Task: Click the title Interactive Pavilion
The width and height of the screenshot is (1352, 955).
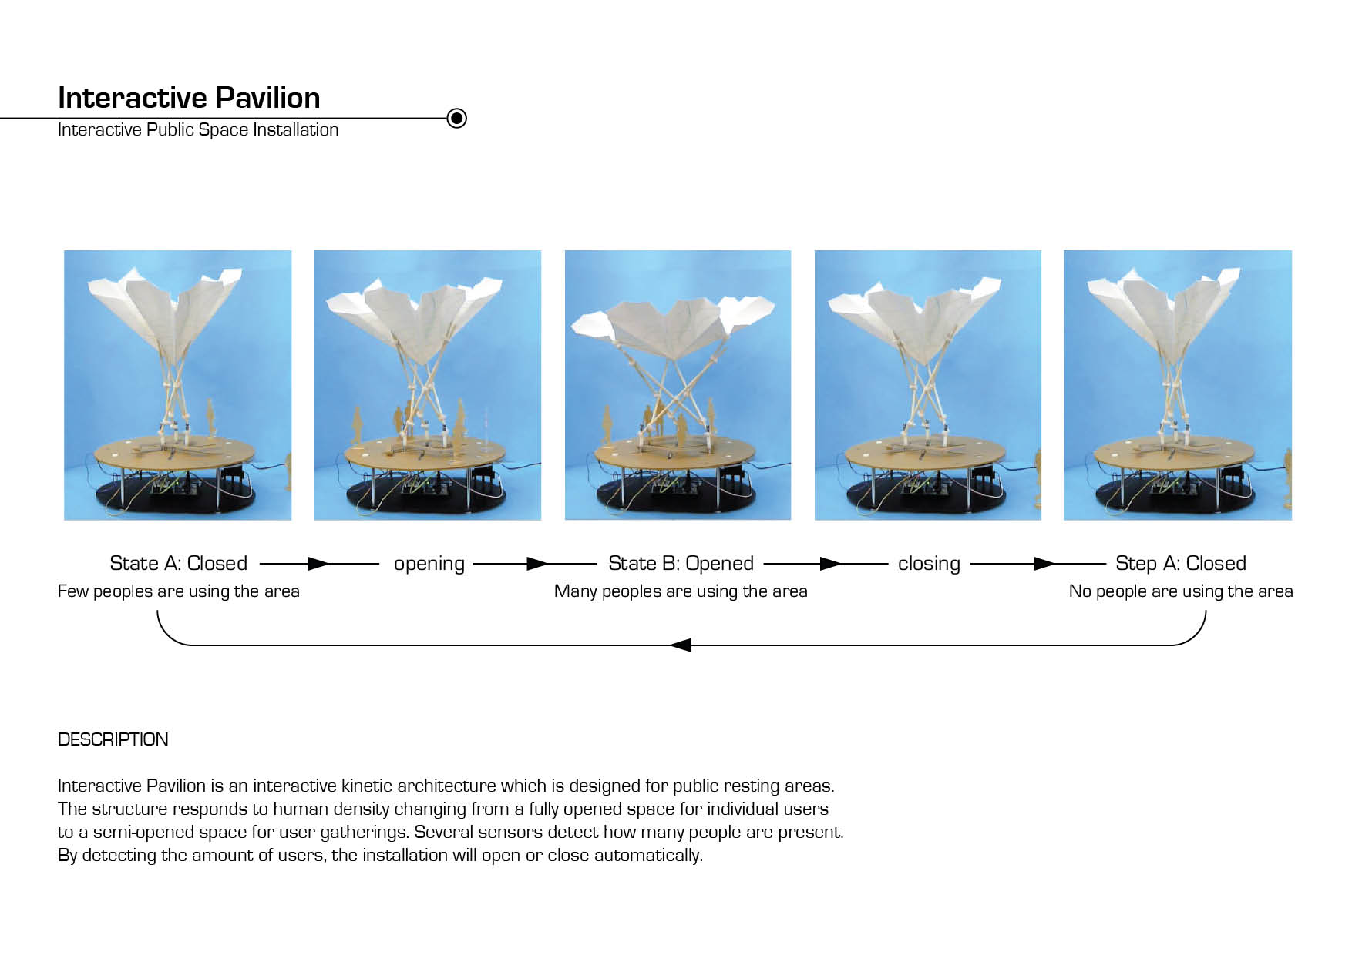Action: pyautogui.click(x=189, y=98)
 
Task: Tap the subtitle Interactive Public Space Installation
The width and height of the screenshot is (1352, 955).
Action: pyautogui.click(x=198, y=129)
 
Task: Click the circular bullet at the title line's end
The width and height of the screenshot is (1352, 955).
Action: pyautogui.click(x=457, y=118)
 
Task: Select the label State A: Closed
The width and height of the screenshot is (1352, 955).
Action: pyautogui.click(x=179, y=563)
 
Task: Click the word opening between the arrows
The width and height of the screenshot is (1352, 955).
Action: pyautogui.click(x=429, y=564)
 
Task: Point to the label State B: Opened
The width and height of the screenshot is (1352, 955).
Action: pyautogui.click(x=681, y=563)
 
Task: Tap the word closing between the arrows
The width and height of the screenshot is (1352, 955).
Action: pyautogui.click(x=929, y=564)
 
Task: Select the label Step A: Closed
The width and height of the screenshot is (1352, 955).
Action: pyautogui.click(x=1181, y=563)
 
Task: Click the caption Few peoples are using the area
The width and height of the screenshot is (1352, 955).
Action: pyautogui.click(x=179, y=591)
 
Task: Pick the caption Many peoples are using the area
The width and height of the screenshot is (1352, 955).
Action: pyautogui.click(x=681, y=591)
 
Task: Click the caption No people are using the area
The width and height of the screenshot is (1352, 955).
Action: pyautogui.click(x=1181, y=591)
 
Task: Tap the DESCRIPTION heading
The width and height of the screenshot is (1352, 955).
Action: pyautogui.click(x=113, y=739)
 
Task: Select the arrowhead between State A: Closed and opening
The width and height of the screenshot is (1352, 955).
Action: pyautogui.click(x=318, y=564)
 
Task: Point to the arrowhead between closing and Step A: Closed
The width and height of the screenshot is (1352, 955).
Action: pyautogui.click(x=1044, y=564)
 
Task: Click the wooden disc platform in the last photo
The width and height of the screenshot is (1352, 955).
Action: pyautogui.click(x=1175, y=452)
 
